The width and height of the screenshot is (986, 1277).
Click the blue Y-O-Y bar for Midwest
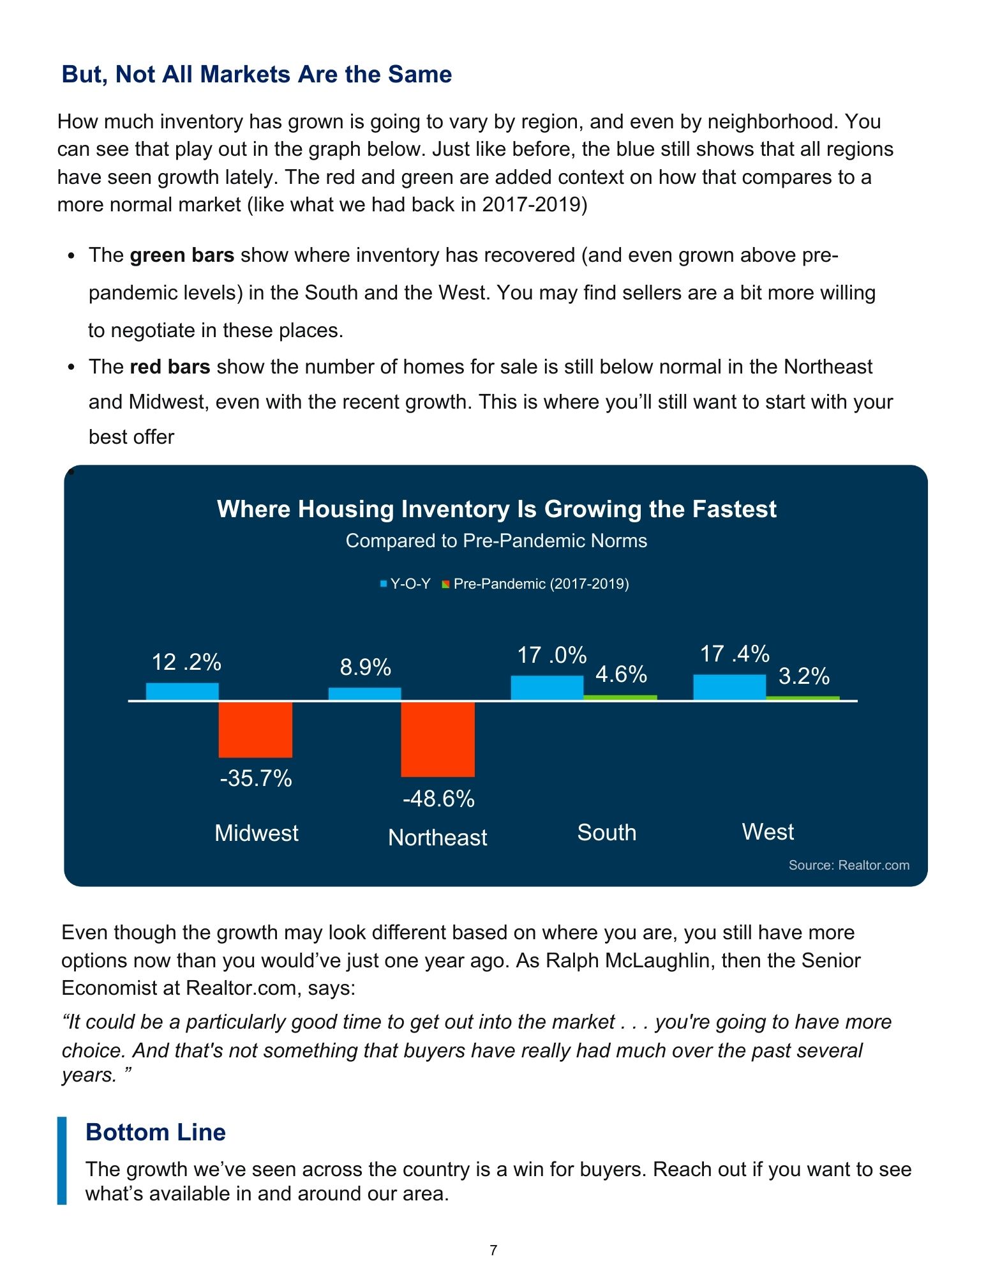(182, 691)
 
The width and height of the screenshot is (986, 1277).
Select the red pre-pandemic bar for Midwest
(255, 729)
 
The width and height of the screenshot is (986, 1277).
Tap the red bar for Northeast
(438, 739)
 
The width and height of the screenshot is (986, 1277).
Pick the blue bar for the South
(547, 688)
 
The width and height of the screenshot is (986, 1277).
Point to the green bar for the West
(802, 698)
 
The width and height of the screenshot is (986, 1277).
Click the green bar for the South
(620, 697)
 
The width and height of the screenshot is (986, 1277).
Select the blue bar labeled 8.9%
(364, 694)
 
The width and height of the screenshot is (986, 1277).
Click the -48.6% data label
(438, 799)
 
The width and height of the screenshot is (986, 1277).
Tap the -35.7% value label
(256, 778)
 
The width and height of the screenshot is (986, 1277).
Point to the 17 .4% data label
(735, 654)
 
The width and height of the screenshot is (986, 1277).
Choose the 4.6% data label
(621, 674)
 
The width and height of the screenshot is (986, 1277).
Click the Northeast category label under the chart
(437, 837)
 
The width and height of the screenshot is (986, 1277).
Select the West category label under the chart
(768, 832)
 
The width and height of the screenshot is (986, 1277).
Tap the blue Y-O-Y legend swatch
(384, 584)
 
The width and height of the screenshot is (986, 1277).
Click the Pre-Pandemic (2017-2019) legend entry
(541, 584)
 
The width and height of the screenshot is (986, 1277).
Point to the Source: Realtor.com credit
(849, 865)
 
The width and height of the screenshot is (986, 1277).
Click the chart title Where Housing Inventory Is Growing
(497, 509)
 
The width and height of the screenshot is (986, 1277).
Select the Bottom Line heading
(156, 1132)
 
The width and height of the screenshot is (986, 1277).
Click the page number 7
(493, 1250)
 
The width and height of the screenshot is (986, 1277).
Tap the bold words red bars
(170, 366)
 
